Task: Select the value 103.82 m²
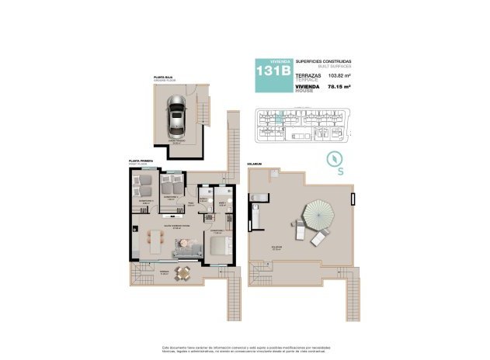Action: click(x=339, y=76)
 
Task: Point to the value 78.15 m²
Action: click(x=339, y=88)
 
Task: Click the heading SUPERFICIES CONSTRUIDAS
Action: click(x=324, y=61)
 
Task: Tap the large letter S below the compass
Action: click(x=340, y=172)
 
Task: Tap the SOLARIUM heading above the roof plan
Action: click(x=255, y=164)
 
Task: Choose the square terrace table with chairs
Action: click(x=183, y=272)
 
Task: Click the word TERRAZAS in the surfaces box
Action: click(x=308, y=74)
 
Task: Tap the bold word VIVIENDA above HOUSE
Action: click(x=308, y=86)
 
